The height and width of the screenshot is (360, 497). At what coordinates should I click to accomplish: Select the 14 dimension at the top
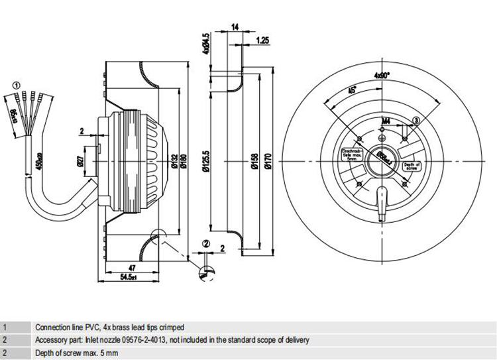coord(235,28)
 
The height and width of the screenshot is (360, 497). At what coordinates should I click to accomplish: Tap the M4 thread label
coord(386,121)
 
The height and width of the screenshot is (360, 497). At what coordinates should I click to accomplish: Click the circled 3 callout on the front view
coord(416,119)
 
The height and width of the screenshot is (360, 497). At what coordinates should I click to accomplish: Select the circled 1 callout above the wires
coord(17,84)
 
